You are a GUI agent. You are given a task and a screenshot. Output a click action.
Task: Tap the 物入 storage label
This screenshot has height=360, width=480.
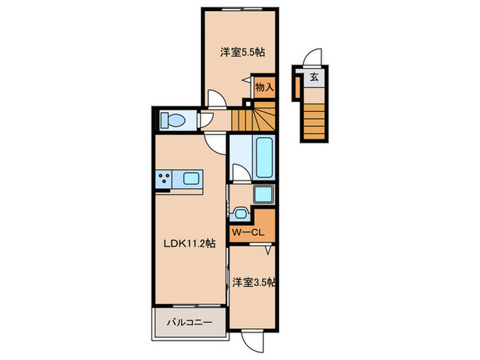coord(264,87)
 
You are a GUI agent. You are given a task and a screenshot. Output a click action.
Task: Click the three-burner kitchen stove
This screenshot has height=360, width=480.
coord(165,180)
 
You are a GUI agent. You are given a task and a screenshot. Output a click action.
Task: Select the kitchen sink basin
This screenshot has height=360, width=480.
coord(191,180)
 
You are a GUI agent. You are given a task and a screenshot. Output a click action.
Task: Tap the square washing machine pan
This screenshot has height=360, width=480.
coord(263,195)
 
